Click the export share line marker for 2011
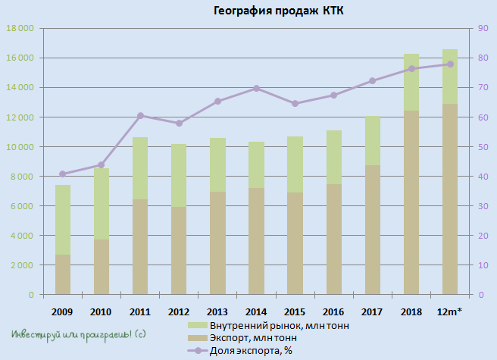(x=140, y=115)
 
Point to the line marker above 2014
(x=256, y=88)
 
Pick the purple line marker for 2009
(x=63, y=174)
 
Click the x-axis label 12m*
(x=450, y=311)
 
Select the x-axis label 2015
(x=295, y=311)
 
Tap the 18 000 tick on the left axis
(x=20, y=29)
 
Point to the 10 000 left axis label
(x=20, y=147)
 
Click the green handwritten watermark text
(x=79, y=334)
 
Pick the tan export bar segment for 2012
(x=179, y=250)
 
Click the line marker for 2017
(x=372, y=81)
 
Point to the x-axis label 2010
(x=101, y=311)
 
